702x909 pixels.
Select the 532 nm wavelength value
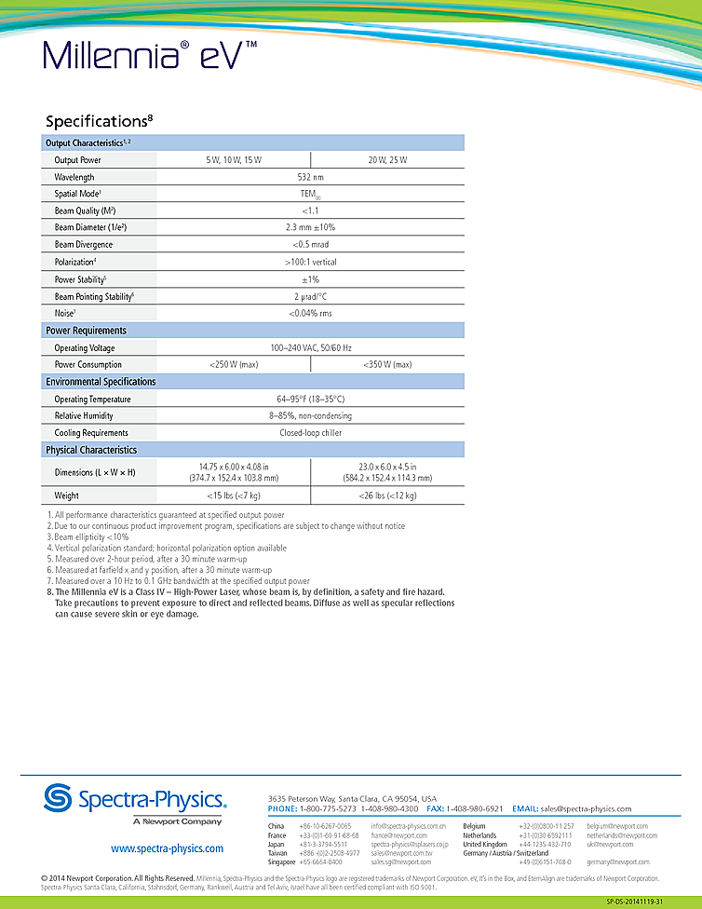pos(311,177)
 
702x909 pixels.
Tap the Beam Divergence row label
pos(84,245)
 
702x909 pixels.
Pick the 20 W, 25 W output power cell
pos(387,160)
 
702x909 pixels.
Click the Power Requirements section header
pos(86,331)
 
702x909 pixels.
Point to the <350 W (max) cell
pos(387,365)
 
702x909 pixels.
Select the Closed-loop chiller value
pos(311,433)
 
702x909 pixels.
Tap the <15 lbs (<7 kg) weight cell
pos(234,496)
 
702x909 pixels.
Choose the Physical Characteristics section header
pos(91,451)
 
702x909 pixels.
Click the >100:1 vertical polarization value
pos(311,263)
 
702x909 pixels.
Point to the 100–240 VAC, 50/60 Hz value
pos(311,348)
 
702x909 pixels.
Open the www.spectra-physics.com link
pos(167,848)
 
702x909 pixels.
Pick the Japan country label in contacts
pos(276,845)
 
